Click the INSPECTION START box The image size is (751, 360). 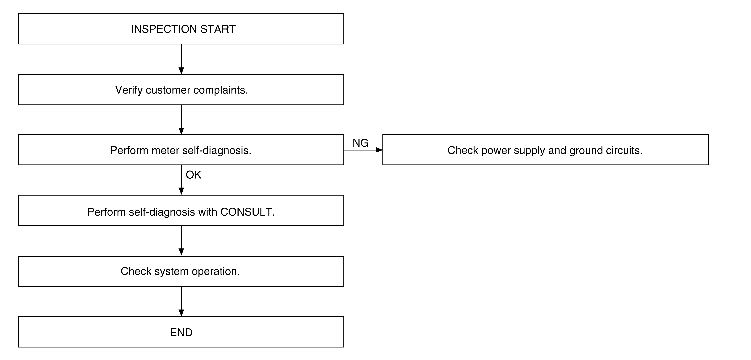pos(181,29)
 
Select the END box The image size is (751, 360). pos(181,332)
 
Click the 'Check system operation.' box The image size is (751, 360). pos(181,271)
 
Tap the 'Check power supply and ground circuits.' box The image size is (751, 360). pos(545,150)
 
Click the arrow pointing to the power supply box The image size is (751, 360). pos(363,150)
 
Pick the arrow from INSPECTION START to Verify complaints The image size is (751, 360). pos(181,59)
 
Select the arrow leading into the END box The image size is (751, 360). pos(181,302)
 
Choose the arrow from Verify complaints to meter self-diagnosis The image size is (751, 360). pos(181,120)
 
